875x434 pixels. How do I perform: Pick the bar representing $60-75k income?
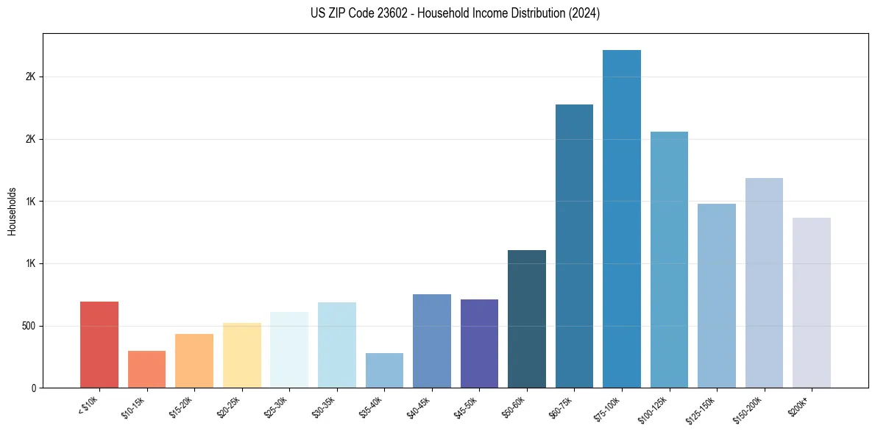tap(574, 246)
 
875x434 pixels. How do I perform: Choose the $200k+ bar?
tap(812, 302)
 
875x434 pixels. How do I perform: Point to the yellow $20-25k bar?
tap(242, 355)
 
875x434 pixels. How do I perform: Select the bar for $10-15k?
tap(146, 369)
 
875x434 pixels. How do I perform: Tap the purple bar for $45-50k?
tap(479, 344)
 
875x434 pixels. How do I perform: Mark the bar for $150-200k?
tap(764, 282)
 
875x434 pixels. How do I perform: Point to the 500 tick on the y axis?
tap(29, 326)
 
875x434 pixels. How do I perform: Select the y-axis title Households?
tap(12, 210)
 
